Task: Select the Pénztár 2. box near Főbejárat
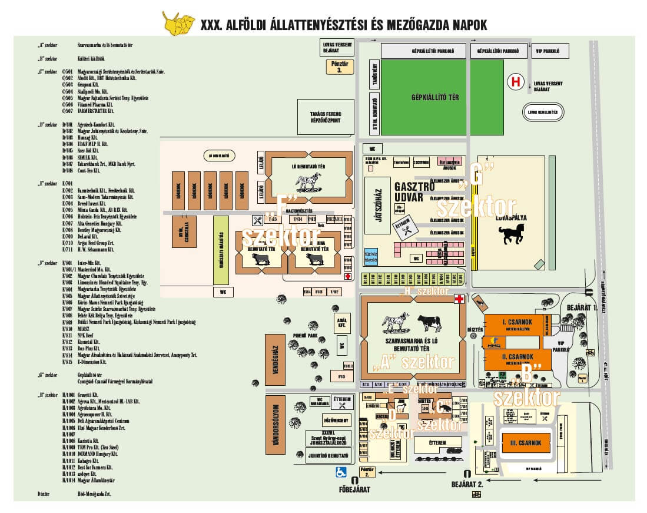[367, 471]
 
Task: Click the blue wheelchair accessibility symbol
[340, 471]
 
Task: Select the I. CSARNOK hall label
[517, 323]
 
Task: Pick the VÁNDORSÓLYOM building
[273, 428]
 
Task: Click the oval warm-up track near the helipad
[543, 111]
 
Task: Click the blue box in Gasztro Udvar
[370, 255]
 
